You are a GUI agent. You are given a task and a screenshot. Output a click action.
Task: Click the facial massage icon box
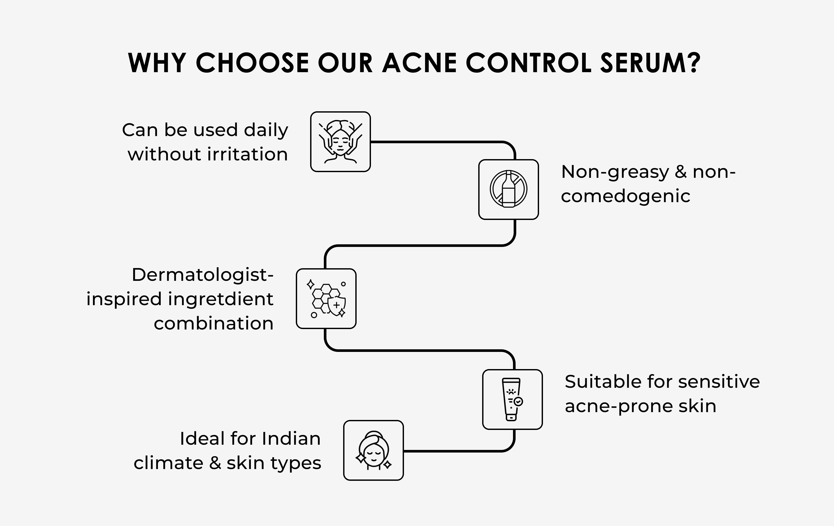click(341, 142)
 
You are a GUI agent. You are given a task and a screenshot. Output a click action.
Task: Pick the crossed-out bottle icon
click(508, 189)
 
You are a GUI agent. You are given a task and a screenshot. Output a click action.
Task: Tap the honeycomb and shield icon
click(326, 299)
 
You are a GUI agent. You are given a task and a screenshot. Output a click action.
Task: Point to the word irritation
click(248, 154)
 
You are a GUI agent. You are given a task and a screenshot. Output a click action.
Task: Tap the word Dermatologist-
click(203, 275)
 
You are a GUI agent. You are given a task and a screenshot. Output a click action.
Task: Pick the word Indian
click(291, 438)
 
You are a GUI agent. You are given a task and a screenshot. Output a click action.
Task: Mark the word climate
click(168, 463)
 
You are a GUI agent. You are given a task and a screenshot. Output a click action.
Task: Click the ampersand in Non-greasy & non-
click(681, 172)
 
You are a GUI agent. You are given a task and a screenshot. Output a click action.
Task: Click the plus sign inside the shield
click(336, 305)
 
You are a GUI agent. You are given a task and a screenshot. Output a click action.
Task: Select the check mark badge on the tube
click(518, 401)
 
